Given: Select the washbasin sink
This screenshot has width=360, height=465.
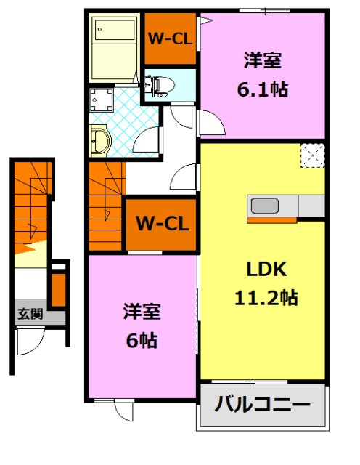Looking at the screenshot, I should point(99,139).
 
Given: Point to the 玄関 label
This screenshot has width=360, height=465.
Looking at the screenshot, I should point(30,315).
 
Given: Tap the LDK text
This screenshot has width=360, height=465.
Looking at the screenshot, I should point(266,270).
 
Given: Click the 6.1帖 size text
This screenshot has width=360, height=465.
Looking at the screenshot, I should point(262,89).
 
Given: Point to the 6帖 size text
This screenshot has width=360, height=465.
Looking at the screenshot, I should point(142,339).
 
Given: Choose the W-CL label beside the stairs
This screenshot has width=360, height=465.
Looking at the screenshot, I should point(162,224).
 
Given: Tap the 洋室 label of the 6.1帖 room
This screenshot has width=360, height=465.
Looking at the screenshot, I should point(262,61).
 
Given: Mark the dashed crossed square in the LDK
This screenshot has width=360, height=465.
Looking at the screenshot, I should point(314,155).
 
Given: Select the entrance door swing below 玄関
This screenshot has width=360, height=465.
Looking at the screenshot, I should point(30,341).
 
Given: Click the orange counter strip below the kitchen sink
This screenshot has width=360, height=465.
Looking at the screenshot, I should point(271,219).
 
